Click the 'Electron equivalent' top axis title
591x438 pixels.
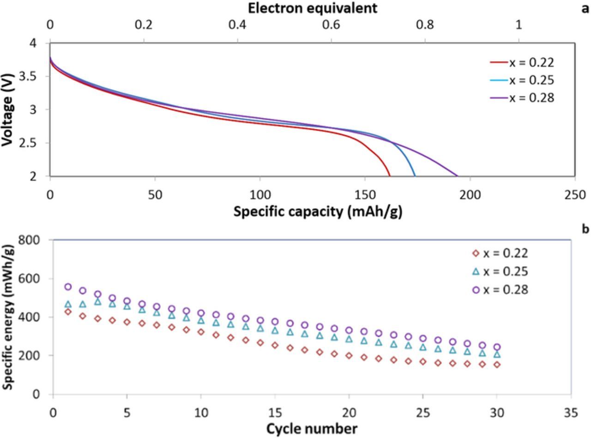click(x=313, y=8)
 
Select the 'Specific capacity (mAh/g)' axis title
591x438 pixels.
click(x=318, y=211)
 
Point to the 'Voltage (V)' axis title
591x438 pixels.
click(x=7, y=109)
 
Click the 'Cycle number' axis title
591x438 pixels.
click(x=312, y=429)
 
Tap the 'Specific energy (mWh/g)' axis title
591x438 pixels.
click(x=7, y=317)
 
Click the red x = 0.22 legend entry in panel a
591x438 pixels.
click(x=521, y=62)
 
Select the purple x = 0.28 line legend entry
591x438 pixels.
click(x=521, y=98)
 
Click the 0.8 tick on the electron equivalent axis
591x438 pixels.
click(x=425, y=24)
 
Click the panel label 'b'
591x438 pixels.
click(x=585, y=228)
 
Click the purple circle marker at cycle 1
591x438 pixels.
click(x=68, y=287)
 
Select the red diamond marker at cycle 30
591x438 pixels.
click(x=497, y=365)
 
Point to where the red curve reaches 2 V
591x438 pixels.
click(x=390, y=176)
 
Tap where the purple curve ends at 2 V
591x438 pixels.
click(x=458, y=176)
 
